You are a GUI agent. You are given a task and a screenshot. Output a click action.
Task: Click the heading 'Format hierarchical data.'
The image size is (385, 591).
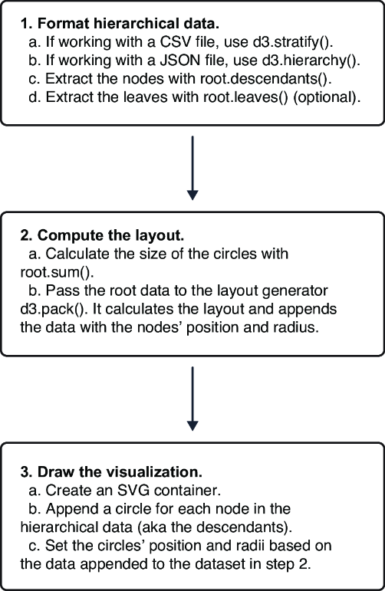click(x=128, y=24)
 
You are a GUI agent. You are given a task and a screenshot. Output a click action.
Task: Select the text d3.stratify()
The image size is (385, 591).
click(x=293, y=42)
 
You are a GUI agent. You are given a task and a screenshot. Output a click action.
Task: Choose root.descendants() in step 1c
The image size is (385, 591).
click(x=265, y=79)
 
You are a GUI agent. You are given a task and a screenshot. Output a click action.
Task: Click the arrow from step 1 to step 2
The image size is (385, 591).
click(x=192, y=168)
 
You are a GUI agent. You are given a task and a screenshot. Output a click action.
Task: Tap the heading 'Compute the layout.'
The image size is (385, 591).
click(x=111, y=235)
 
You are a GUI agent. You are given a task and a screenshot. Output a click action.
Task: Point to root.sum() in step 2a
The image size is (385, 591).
click(x=58, y=272)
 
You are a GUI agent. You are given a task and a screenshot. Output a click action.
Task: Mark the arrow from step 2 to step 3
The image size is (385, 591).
click(x=192, y=399)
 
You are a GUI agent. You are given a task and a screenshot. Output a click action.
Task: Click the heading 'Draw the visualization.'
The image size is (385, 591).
click(x=120, y=472)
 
